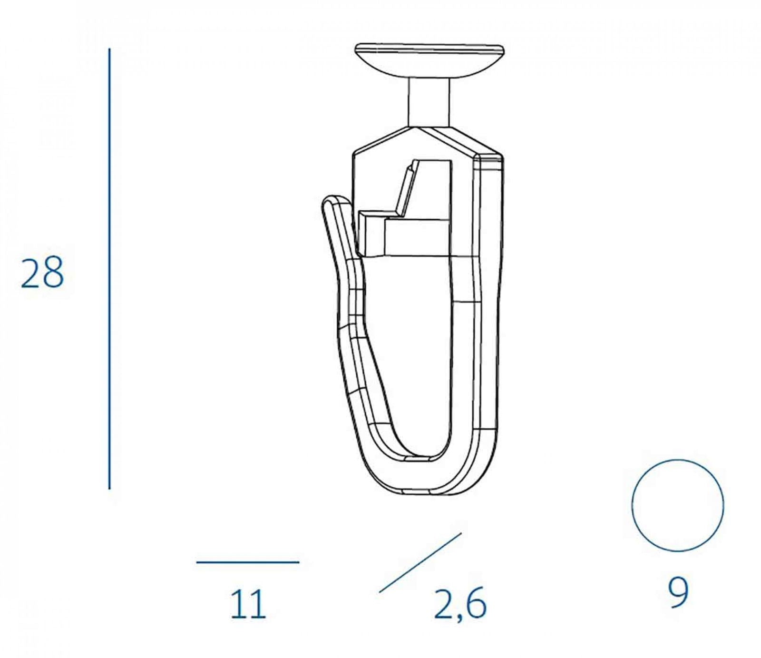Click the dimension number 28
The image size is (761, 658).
pos(42,272)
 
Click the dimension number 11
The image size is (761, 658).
pos(248,605)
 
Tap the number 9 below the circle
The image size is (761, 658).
pos(678,593)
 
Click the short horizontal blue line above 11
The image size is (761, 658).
pos(248,562)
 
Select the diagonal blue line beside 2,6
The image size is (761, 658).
pos(420,562)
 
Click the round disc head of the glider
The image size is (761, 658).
pos(429,59)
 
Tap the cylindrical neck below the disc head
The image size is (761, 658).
pos(429,102)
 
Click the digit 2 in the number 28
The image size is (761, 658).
pos(31,272)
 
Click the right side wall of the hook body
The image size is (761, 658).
pos(490,309)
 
